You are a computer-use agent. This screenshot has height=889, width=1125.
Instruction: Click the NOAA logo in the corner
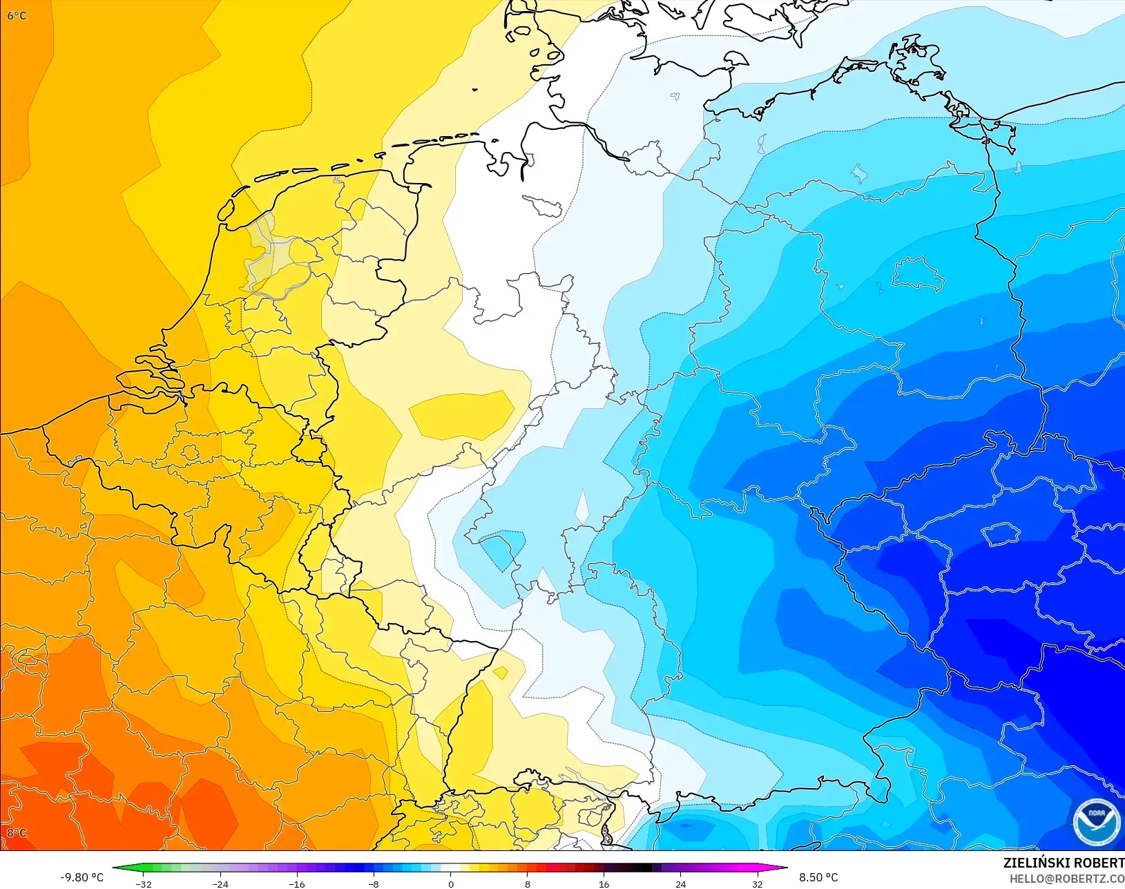(x=1096, y=821)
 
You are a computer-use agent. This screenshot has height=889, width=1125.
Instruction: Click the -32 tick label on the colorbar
(x=144, y=884)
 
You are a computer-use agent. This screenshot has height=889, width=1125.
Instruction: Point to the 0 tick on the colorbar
(x=450, y=884)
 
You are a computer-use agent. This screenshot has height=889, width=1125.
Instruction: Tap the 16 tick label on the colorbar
(x=604, y=884)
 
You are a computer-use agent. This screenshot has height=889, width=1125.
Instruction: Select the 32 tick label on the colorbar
(x=757, y=884)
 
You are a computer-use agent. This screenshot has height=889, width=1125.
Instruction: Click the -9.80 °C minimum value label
(x=81, y=877)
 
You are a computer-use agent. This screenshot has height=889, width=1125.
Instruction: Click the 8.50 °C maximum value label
(x=818, y=877)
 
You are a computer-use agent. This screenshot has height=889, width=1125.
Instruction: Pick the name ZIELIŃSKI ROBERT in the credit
(x=1064, y=863)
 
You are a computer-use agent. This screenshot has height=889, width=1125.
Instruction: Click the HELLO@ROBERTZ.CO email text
(x=1067, y=879)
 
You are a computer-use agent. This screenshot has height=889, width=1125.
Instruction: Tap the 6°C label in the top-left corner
(x=17, y=15)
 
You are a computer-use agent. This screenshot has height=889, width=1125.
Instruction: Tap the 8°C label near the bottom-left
(x=17, y=832)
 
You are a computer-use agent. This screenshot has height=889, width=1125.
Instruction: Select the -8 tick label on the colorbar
(x=374, y=884)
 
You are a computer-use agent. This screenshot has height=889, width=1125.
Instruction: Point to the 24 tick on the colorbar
(x=680, y=884)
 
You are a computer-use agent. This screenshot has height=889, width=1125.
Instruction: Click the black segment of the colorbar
(x=639, y=868)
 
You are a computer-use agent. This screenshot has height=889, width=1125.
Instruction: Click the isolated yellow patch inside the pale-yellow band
(x=461, y=416)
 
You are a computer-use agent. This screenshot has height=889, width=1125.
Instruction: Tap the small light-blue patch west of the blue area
(x=502, y=548)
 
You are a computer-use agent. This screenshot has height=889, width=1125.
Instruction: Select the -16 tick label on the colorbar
(x=297, y=884)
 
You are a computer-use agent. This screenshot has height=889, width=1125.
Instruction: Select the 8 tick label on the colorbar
(x=527, y=884)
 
